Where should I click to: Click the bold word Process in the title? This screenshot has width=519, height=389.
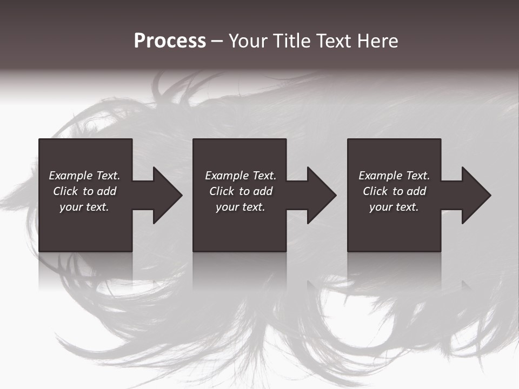click(x=170, y=41)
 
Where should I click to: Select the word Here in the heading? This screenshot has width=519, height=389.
click(x=377, y=41)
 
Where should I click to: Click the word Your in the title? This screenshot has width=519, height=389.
click(x=247, y=41)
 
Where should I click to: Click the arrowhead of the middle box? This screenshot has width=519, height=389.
click(x=321, y=195)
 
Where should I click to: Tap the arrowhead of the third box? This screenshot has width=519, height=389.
click(x=476, y=195)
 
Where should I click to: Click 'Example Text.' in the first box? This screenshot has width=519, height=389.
click(x=84, y=176)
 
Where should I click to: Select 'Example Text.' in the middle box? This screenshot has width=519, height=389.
click(x=241, y=176)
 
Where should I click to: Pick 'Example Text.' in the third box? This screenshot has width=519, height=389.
click(x=394, y=176)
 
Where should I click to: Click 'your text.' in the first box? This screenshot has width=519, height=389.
click(x=84, y=207)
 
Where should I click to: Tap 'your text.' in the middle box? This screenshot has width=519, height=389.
click(x=241, y=207)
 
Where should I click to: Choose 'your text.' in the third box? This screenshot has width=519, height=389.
click(x=394, y=207)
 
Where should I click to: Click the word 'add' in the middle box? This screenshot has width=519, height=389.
click(x=263, y=191)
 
